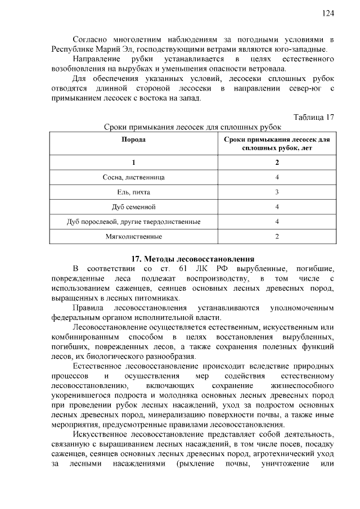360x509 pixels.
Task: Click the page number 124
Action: coord(328,13)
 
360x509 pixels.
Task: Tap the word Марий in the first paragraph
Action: coord(107,49)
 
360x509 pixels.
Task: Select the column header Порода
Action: coord(134,139)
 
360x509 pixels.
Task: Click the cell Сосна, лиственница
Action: coord(134,177)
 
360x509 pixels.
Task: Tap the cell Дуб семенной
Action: coord(134,207)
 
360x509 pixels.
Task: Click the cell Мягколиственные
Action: coord(134,236)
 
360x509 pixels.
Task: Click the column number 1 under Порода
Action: coord(134,163)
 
